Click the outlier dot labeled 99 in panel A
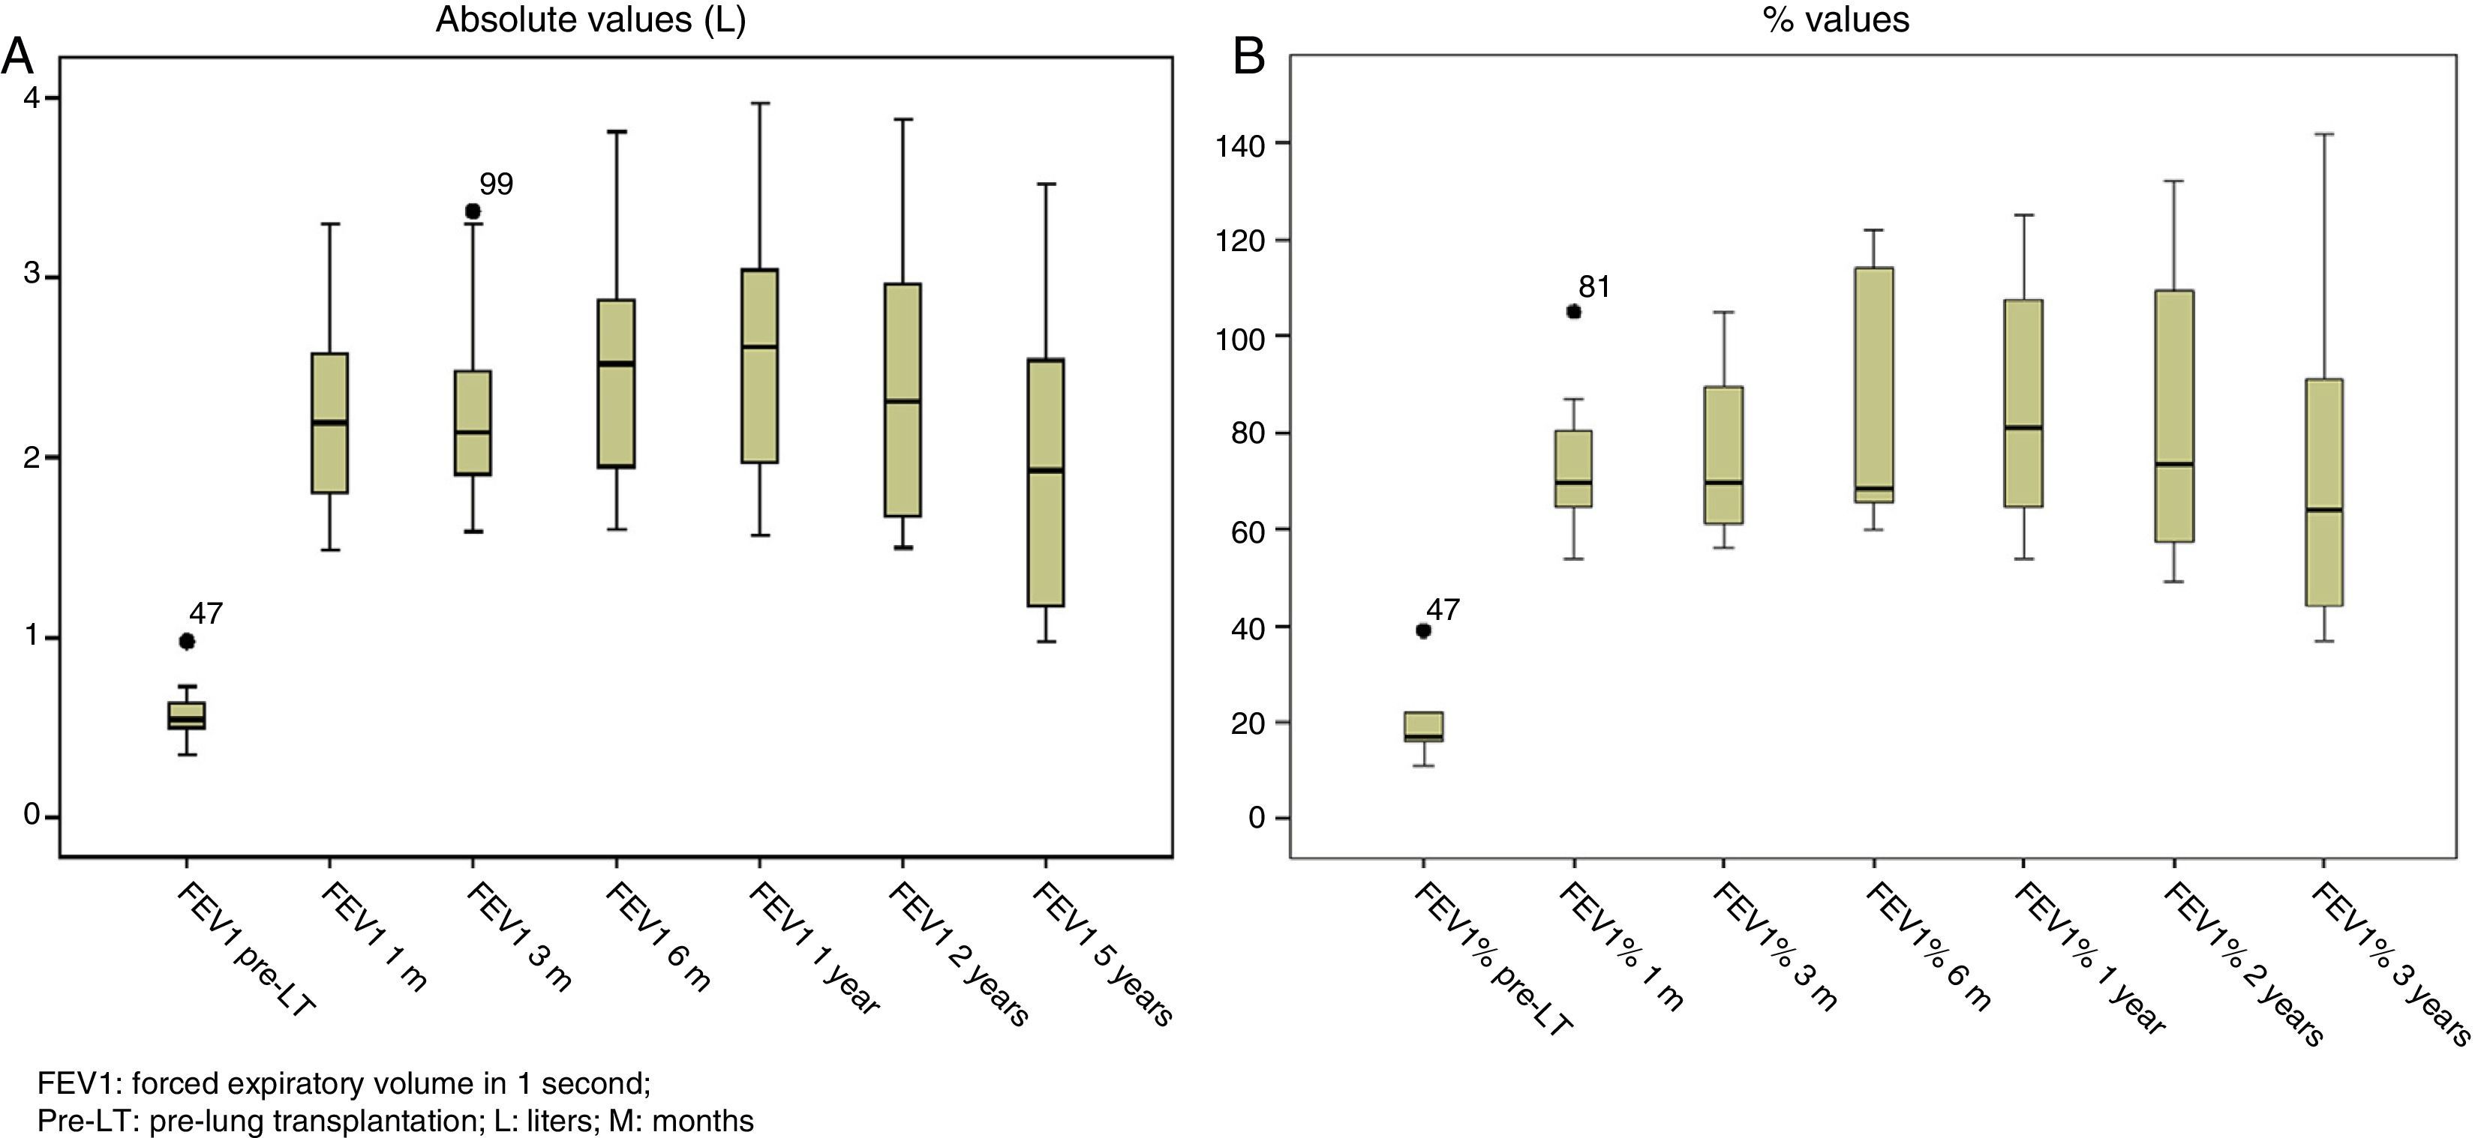coord(473,211)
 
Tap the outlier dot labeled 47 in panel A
coord(187,641)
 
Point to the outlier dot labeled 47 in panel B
coord(1423,630)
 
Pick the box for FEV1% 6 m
coord(1874,385)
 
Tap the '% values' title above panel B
coord(1836,20)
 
